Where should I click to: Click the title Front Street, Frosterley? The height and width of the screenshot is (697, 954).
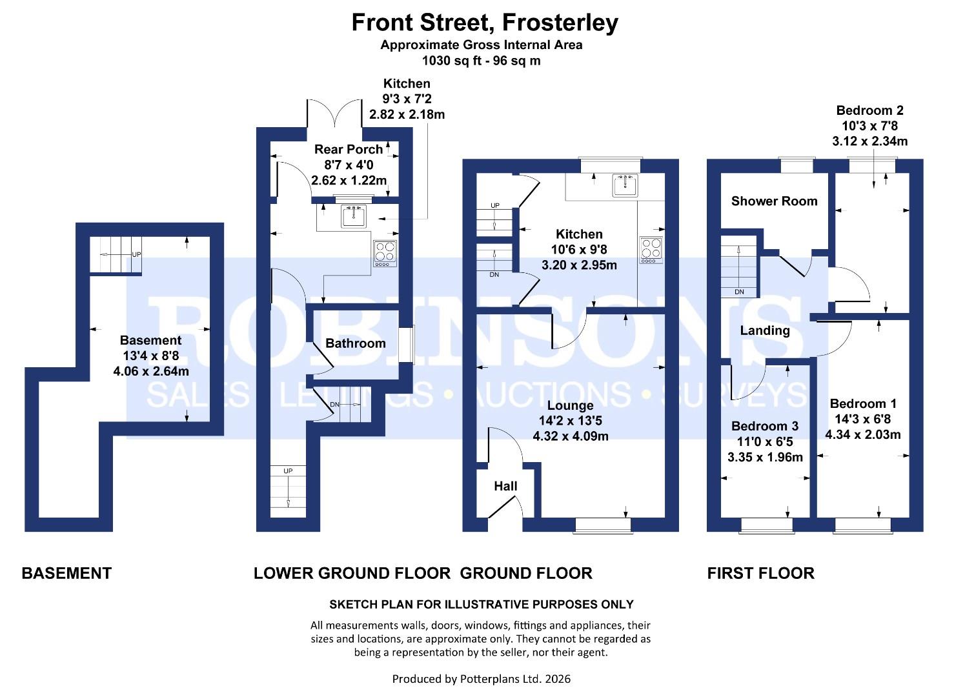point(484,23)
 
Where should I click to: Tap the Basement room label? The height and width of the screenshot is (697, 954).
point(150,340)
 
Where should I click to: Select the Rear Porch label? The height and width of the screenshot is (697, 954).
point(348,149)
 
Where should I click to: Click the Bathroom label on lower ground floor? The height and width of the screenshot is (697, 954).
point(355,343)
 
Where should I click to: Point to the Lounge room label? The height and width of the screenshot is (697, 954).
point(570,405)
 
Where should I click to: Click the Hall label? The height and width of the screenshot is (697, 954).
point(505,486)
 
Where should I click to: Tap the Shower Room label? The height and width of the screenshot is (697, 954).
point(774,201)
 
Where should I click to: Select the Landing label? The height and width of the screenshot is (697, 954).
point(765,330)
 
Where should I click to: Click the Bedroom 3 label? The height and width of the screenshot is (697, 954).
point(765,426)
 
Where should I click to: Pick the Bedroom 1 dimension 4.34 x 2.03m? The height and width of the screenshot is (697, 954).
point(862,434)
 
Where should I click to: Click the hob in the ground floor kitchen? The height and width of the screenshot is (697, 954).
point(651,250)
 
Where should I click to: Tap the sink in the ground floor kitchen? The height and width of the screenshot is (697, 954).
point(625,185)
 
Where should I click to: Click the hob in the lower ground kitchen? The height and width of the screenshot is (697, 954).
point(385,254)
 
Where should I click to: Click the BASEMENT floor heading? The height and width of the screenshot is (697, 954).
point(66,573)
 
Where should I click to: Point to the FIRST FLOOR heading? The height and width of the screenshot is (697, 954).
point(760,573)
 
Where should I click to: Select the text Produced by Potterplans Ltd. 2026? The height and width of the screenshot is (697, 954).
point(481,679)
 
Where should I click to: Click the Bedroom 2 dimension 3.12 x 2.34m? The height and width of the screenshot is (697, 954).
point(869,141)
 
